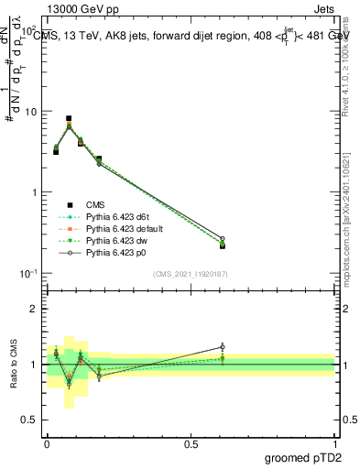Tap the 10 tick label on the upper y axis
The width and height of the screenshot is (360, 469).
pyautogui.click(x=31, y=112)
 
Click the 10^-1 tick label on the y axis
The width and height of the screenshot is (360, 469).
pyautogui.click(x=28, y=274)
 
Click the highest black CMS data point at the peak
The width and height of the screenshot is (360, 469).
pyautogui.click(x=69, y=118)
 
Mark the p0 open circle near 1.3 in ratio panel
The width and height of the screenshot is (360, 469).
pyautogui.click(x=222, y=347)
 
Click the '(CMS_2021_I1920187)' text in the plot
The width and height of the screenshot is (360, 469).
pyautogui.click(x=191, y=275)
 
